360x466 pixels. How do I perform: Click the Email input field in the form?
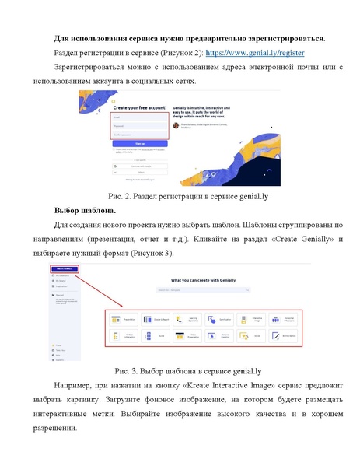(139, 119)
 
